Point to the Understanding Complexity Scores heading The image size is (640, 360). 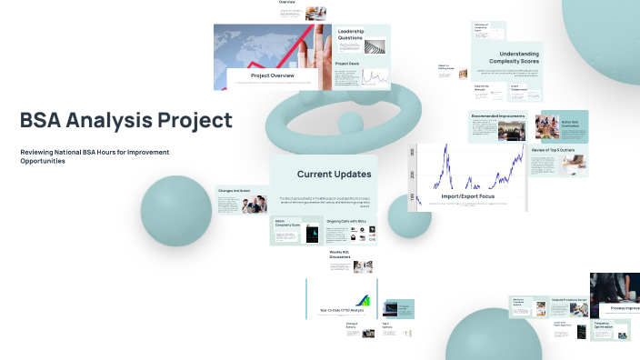pyautogui.click(x=506, y=58)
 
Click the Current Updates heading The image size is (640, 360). pyautogui.click(x=334, y=174)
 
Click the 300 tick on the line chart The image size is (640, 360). pyautogui.click(x=412, y=151)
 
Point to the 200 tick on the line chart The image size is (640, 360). pyautogui.click(x=412, y=175)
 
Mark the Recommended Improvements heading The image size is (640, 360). pyautogui.click(x=498, y=115)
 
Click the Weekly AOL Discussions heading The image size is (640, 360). pyautogui.click(x=342, y=255)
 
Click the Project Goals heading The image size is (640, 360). pyautogui.click(x=347, y=64)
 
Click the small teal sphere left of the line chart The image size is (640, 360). pyautogui.click(x=409, y=215)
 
